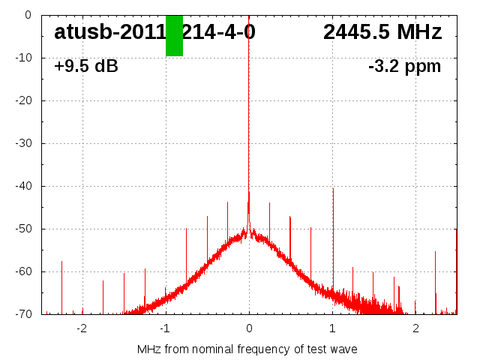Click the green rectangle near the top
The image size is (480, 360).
174,35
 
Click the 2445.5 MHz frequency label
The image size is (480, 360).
382,32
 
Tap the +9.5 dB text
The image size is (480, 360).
86,66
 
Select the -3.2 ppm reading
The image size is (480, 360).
404,66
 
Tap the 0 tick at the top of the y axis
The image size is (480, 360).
27,15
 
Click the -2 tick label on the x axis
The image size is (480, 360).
82,328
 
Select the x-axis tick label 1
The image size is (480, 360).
332,328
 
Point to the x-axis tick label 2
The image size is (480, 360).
415,328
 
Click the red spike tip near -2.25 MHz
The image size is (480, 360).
61,262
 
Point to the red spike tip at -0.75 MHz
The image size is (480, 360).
187,229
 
